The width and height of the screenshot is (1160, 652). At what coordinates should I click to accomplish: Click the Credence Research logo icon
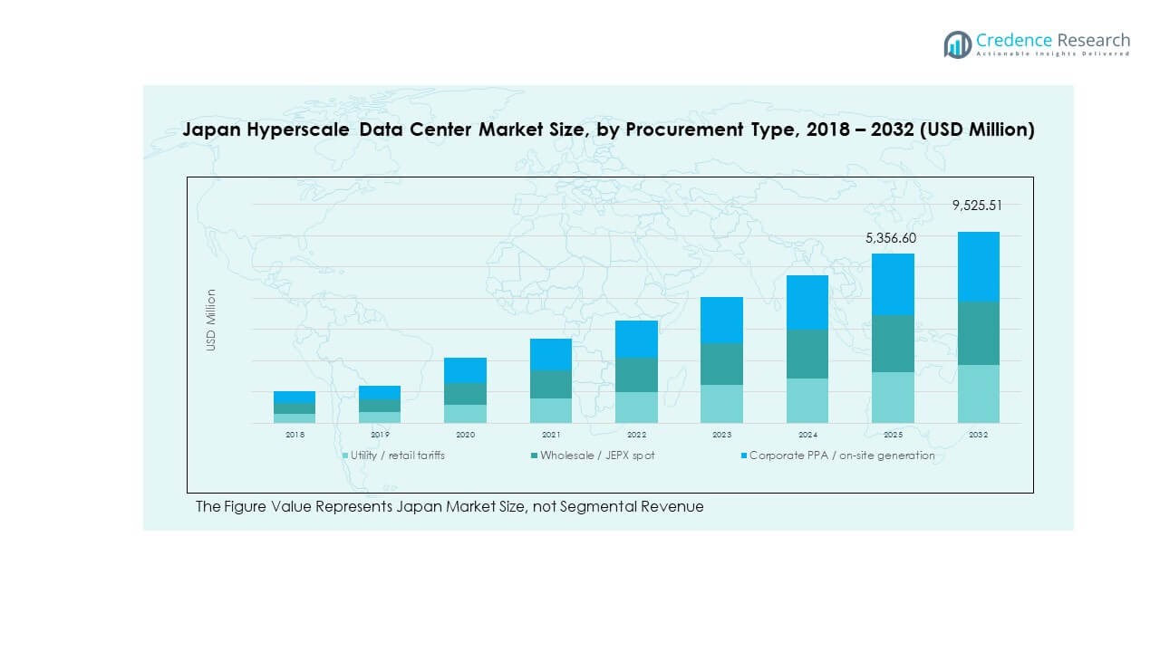pyautogui.click(x=957, y=44)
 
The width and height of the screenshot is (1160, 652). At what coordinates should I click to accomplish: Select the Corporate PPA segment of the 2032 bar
pyautogui.click(x=978, y=266)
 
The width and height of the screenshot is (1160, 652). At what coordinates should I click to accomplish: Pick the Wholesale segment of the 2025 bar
pyautogui.click(x=893, y=343)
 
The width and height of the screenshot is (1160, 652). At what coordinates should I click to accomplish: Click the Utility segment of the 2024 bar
pyautogui.click(x=807, y=400)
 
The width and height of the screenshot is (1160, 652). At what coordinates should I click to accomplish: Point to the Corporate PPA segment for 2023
pyautogui.click(x=721, y=320)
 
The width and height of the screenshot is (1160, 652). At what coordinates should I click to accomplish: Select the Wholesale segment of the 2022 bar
pyautogui.click(x=636, y=374)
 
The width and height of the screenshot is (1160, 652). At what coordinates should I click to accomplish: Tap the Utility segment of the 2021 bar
pyautogui.click(x=551, y=410)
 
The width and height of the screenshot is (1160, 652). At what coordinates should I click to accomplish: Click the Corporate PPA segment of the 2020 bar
pyautogui.click(x=465, y=369)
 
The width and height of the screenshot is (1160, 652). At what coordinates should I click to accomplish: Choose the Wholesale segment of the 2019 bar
pyautogui.click(x=380, y=405)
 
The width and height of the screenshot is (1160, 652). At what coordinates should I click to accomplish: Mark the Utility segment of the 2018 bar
pyautogui.click(x=295, y=417)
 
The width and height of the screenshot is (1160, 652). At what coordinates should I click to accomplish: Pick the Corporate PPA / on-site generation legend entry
pyautogui.click(x=841, y=455)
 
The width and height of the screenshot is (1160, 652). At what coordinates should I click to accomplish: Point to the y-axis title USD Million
pyautogui.click(x=211, y=320)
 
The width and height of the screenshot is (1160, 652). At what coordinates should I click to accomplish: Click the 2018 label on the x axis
pyautogui.click(x=295, y=435)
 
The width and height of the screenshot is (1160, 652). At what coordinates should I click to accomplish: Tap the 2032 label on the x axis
pyautogui.click(x=978, y=435)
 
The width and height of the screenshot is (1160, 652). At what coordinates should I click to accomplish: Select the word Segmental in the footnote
pyautogui.click(x=586, y=506)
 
